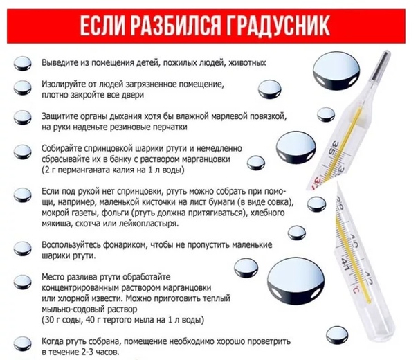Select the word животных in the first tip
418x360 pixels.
[245, 62]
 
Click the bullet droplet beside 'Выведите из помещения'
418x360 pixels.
[22, 62]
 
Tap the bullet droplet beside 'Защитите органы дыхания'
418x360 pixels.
[22, 118]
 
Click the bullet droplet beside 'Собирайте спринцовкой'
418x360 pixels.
[22, 152]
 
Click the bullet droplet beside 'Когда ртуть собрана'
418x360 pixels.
[22, 342]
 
